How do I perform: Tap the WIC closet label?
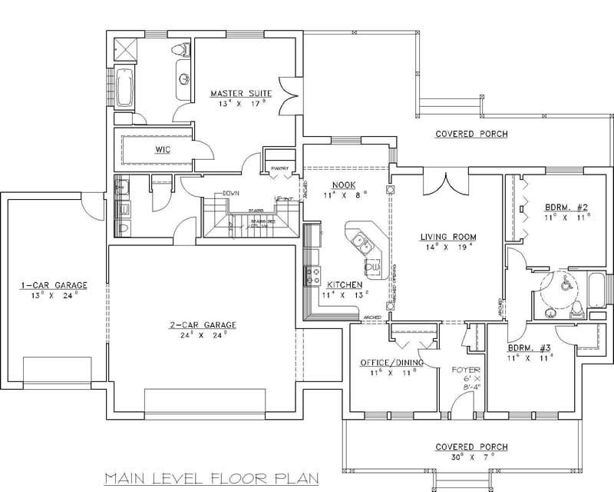tap(162, 148)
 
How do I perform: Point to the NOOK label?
tap(342, 184)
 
